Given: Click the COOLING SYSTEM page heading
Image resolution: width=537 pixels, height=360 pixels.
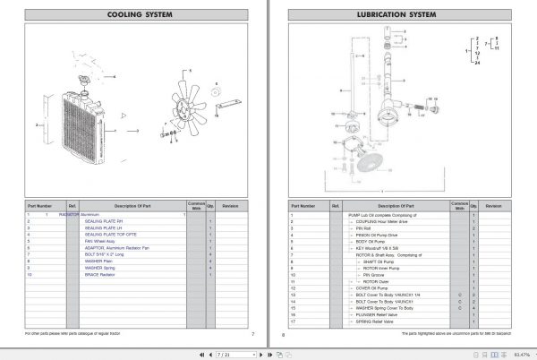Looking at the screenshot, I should point(133,14).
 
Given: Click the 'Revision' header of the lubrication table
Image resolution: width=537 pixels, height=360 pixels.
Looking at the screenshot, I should point(492,205).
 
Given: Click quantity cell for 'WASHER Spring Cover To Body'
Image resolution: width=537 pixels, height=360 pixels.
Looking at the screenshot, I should point(473,308).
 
